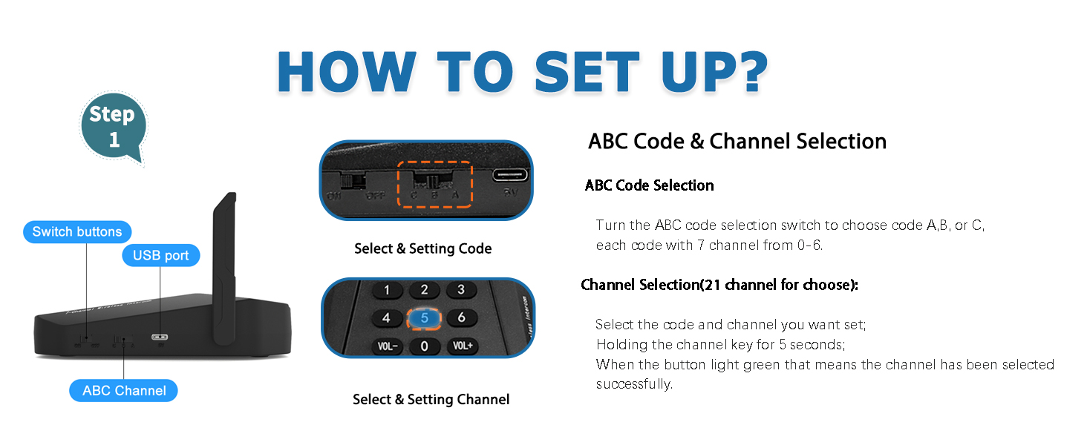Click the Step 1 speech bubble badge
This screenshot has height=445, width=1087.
113,126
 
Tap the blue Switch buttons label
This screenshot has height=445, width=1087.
77,232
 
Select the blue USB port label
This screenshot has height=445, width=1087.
161,256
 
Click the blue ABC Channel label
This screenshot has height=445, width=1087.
124,391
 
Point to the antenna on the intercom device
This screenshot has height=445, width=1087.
225,267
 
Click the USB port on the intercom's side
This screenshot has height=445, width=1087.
160,337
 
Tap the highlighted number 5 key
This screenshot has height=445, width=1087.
425,318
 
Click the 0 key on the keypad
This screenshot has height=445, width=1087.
424,346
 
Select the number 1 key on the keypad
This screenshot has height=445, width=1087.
387,290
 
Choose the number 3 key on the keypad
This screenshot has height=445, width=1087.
461,289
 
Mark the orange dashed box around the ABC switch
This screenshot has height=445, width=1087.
434,185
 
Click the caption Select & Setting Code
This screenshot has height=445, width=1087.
422,249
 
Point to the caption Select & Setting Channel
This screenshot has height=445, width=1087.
431,400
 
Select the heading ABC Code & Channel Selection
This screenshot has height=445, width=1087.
737,142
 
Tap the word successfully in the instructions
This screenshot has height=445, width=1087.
633,385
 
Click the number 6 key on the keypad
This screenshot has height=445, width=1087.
461,317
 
